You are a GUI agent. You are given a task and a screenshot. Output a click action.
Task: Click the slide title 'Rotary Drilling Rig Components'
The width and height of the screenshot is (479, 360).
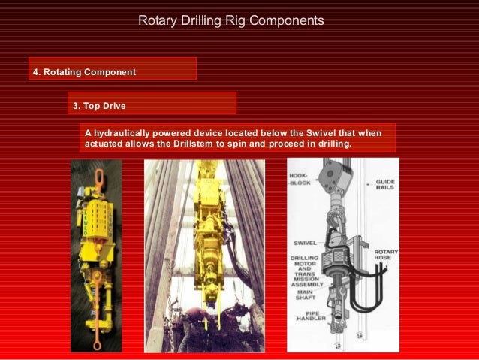(x=231, y=20)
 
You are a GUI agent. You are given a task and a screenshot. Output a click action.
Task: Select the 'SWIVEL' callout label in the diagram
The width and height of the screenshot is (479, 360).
(x=305, y=242)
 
